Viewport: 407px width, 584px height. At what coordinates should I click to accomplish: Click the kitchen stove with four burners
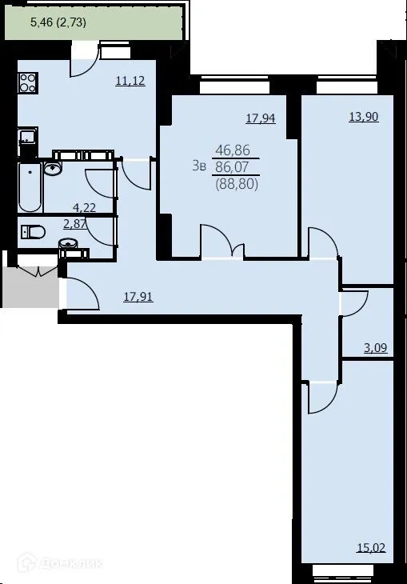point(29,82)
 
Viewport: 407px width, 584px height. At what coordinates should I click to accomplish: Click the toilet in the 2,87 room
point(34,233)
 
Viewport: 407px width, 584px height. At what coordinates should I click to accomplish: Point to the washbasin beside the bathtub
point(54,167)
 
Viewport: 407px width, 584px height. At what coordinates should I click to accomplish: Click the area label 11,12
point(130,81)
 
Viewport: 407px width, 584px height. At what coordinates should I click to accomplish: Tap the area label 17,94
point(260,119)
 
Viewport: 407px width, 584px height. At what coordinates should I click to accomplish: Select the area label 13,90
point(363,116)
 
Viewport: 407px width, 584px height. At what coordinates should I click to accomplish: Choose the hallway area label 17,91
point(138,296)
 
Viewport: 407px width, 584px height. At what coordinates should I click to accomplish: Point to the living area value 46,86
point(230,150)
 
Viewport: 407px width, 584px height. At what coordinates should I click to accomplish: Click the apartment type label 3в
point(198,166)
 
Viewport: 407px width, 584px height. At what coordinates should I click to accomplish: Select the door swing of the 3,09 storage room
point(353,304)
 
